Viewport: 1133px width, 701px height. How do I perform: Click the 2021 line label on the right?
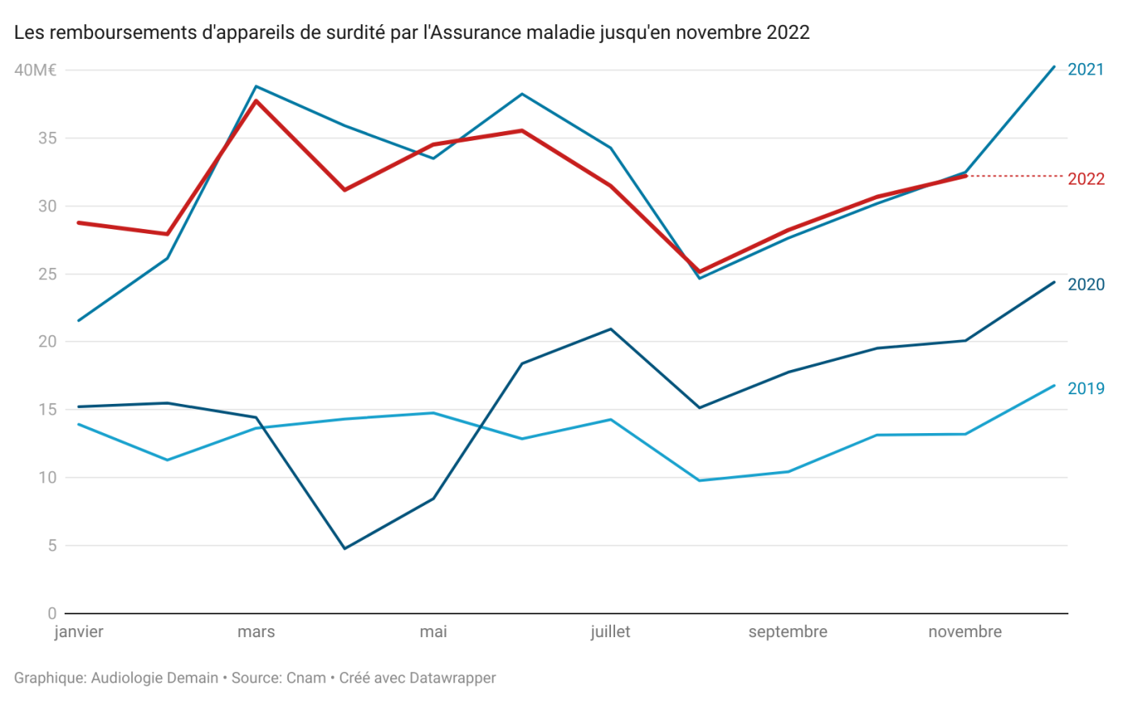click(x=1086, y=70)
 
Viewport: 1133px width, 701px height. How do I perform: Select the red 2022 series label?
click(x=1086, y=179)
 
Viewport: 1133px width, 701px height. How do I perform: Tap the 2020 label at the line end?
click(x=1086, y=284)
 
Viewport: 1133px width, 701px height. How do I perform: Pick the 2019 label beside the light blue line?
click(x=1086, y=389)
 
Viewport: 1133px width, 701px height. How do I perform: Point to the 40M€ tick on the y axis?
click(x=35, y=70)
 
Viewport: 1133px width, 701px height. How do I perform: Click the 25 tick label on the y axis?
click(x=47, y=274)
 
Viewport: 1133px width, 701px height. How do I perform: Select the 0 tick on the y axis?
click(x=52, y=613)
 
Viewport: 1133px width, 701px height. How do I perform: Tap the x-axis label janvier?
click(x=79, y=632)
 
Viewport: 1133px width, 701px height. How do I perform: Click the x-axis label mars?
click(x=256, y=632)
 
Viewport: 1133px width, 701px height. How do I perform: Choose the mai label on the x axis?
click(x=433, y=632)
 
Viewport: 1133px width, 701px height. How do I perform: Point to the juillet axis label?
click(x=610, y=632)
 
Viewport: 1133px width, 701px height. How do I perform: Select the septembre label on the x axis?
click(x=787, y=632)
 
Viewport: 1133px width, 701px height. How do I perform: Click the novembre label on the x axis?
click(x=965, y=632)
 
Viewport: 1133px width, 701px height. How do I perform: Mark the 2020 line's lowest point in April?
click(x=345, y=549)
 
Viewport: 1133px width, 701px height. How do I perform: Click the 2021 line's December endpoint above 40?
click(x=1054, y=66)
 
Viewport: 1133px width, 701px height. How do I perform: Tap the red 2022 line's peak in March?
click(x=257, y=100)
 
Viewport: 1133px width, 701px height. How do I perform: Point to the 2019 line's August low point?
click(x=699, y=481)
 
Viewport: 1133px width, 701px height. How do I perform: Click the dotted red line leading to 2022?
click(x=1016, y=176)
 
